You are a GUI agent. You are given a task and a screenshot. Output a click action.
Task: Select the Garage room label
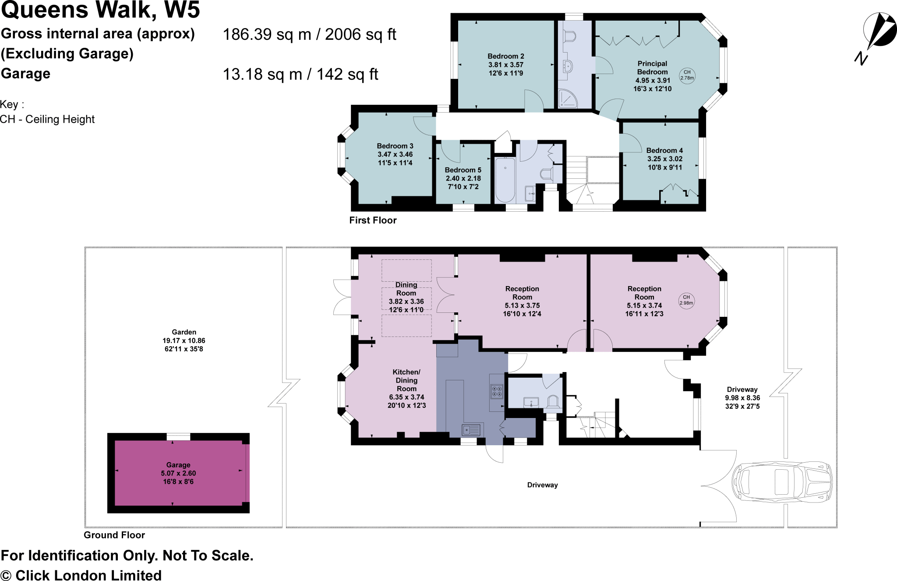[178, 465]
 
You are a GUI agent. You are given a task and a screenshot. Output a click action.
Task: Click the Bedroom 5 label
[463, 170]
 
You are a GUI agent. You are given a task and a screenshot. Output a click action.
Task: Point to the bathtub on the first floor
[505, 180]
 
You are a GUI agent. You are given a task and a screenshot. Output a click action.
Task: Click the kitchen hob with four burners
[497, 391]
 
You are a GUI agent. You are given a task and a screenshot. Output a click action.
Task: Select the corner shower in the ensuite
[568, 99]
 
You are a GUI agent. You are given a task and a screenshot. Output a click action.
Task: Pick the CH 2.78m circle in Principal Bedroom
[687, 75]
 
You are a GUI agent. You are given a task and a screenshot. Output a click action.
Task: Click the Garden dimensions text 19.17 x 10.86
[184, 340]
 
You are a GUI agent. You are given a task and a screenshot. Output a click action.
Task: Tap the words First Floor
[373, 220]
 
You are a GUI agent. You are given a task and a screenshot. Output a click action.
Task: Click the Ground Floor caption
[114, 535]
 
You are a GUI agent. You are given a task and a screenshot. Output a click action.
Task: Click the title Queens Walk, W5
[100, 10]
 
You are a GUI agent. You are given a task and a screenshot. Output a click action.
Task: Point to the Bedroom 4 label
[664, 150]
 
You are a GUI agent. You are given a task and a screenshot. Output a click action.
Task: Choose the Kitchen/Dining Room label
[406, 380]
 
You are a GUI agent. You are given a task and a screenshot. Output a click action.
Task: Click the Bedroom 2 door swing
[534, 100]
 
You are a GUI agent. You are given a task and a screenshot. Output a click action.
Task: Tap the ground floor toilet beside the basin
[554, 402]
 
